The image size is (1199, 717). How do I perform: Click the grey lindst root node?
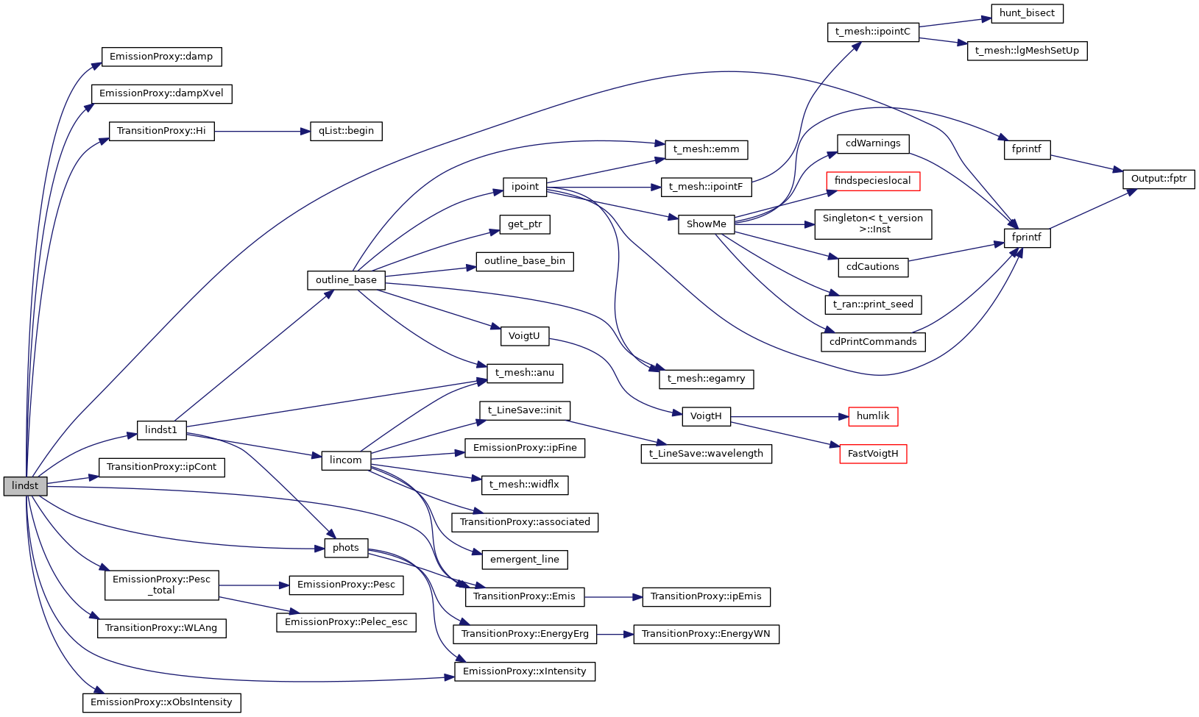(x=25, y=486)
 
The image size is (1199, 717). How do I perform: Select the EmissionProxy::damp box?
(x=161, y=57)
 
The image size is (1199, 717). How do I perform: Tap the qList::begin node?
(x=346, y=131)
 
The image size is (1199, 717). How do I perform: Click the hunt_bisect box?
(x=1027, y=13)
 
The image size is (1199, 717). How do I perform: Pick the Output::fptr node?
(x=1159, y=179)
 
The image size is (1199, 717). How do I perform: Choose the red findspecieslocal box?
(x=873, y=181)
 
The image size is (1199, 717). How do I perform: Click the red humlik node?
(x=873, y=416)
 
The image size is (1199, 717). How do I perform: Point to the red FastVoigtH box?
(x=873, y=454)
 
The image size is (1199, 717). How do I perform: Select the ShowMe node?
(x=707, y=224)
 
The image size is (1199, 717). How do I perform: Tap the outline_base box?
(x=346, y=280)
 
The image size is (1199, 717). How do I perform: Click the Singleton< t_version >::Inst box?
(x=873, y=224)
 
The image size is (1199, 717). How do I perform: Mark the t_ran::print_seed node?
(x=873, y=304)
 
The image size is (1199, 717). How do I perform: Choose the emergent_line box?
(x=525, y=560)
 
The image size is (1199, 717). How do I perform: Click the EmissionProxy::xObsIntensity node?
(x=161, y=702)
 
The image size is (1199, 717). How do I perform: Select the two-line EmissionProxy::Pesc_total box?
(x=162, y=585)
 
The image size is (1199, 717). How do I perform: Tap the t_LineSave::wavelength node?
(x=707, y=454)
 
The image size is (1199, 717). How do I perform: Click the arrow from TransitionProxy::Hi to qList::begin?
(x=258, y=132)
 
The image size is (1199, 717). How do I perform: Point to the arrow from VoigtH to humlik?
(x=788, y=416)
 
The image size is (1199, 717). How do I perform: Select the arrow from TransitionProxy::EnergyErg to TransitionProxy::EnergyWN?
(x=615, y=634)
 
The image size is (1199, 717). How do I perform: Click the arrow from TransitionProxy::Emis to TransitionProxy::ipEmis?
(x=613, y=596)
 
